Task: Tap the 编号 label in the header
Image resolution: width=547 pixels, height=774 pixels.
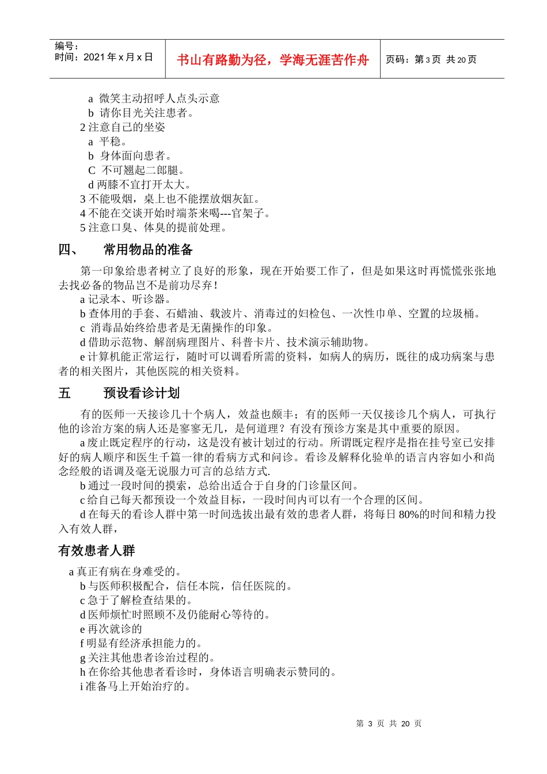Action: [x=67, y=46]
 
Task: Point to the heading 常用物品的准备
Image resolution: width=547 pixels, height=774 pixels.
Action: [x=148, y=249]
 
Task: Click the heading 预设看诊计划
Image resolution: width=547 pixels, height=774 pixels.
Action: [x=141, y=393]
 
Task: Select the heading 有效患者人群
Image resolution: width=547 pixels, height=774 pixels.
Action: [x=96, y=551]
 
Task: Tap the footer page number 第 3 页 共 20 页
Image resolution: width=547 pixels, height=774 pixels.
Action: [x=389, y=723]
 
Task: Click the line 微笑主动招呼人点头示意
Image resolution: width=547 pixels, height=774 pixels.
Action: [x=159, y=98]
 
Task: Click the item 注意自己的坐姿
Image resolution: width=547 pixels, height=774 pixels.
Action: [x=126, y=127]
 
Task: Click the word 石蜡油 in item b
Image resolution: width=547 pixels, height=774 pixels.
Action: [x=183, y=314]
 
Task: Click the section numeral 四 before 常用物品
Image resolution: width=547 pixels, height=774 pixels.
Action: [x=64, y=249]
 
